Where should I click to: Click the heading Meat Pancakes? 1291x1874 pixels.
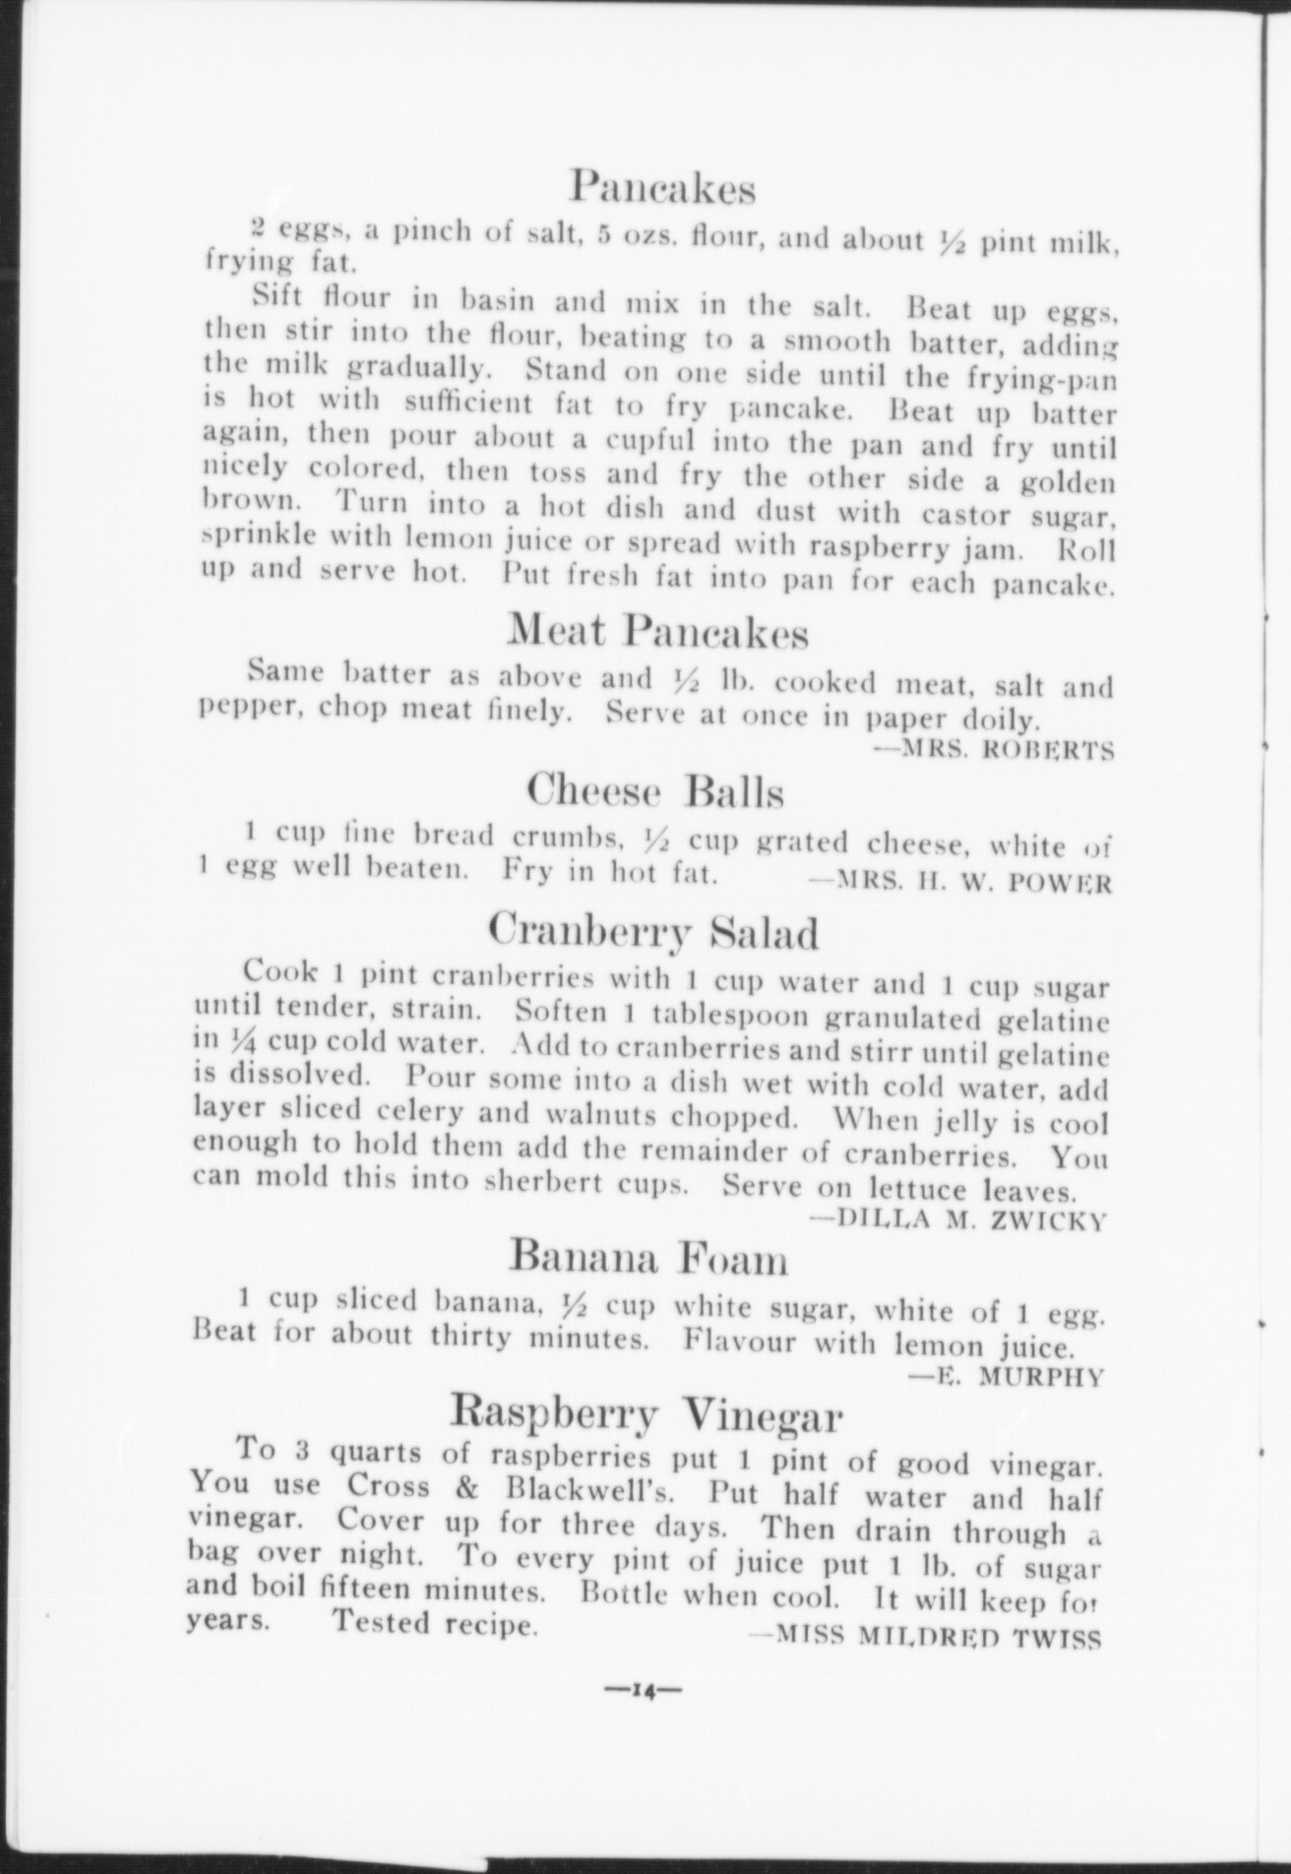(x=656, y=631)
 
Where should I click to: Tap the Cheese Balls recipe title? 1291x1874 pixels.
(x=654, y=790)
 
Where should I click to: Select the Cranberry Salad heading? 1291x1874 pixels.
(x=653, y=930)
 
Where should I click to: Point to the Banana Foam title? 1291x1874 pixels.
(x=648, y=1257)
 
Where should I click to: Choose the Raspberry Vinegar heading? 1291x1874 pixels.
(x=646, y=1414)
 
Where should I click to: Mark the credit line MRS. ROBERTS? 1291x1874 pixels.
(x=994, y=751)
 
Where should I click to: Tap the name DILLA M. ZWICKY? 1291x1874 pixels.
(x=959, y=1221)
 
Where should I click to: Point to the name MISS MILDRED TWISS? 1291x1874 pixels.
(x=924, y=1636)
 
